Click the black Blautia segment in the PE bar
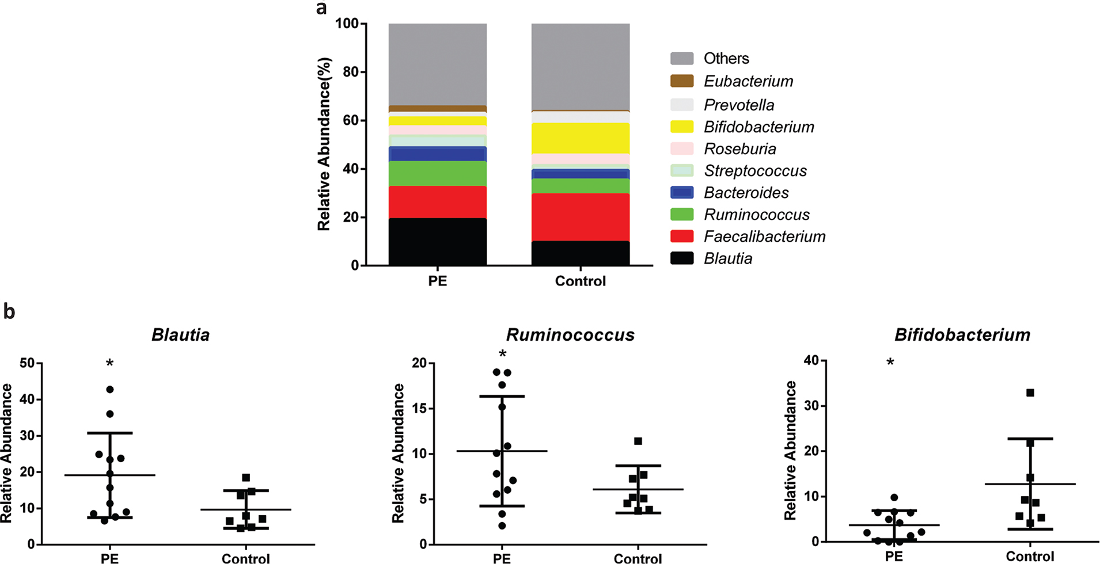tap(438, 242)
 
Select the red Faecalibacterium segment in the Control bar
tap(580, 217)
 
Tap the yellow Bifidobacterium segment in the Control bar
tap(580, 138)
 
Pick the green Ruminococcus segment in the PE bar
tap(438, 173)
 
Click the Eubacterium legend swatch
tap(682, 81)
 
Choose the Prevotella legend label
tap(739, 105)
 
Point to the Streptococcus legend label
tap(755, 171)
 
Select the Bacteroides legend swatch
tap(682, 193)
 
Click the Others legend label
tap(726, 58)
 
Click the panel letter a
tap(322, 8)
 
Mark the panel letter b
tap(9, 311)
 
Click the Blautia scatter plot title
tap(180, 335)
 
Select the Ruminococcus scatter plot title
tap(570, 335)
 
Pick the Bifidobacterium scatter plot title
tap(962, 335)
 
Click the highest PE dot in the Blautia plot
tap(110, 390)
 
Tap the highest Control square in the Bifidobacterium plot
tap(1030, 393)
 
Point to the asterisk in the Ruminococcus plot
tap(503, 354)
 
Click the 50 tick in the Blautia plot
tap(27, 363)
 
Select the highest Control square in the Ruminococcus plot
tap(638, 441)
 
